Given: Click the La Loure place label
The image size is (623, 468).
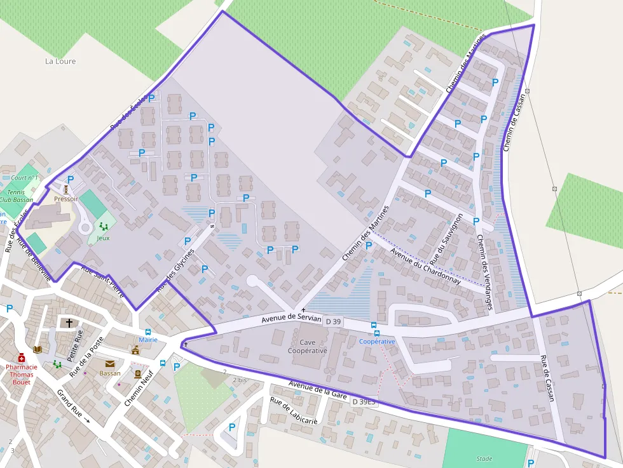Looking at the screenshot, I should [x=60, y=62].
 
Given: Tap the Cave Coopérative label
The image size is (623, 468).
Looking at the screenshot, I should [x=307, y=347].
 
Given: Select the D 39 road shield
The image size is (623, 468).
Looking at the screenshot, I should [x=333, y=322].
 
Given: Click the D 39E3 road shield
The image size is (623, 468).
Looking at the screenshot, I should [x=364, y=401].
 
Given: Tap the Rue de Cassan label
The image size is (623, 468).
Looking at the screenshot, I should [x=547, y=377].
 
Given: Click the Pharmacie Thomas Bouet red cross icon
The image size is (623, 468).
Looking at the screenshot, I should [x=21, y=358].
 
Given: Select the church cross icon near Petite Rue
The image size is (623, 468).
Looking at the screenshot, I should [x=69, y=323].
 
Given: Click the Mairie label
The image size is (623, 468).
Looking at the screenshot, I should [x=148, y=340].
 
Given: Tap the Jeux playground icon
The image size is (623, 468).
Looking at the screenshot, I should [x=103, y=227].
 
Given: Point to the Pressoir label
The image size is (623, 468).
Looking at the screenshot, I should [x=66, y=199].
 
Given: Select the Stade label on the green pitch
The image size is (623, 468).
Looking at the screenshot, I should [x=484, y=458].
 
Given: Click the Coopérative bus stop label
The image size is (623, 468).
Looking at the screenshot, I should [x=377, y=341].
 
